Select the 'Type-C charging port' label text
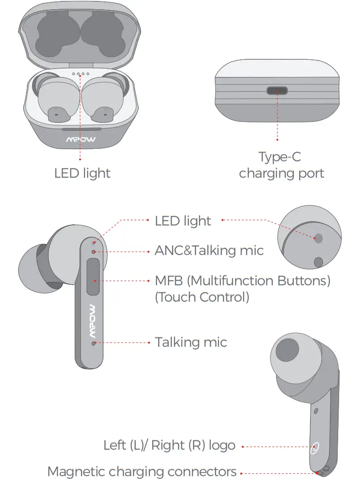pos(281,165)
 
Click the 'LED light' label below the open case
pos(82,173)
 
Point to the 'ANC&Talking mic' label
pos(209,251)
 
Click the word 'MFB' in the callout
pos(170,281)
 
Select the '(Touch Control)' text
pos(202,297)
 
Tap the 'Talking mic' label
pos(191,343)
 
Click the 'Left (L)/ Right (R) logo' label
pos(169,446)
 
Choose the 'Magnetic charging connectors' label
pos(142,472)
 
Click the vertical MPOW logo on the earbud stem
pos(93,320)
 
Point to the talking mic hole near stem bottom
pos(94,343)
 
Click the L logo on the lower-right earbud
pos(315,448)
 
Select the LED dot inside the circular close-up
pos(318,238)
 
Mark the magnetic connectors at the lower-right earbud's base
pos(321,471)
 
